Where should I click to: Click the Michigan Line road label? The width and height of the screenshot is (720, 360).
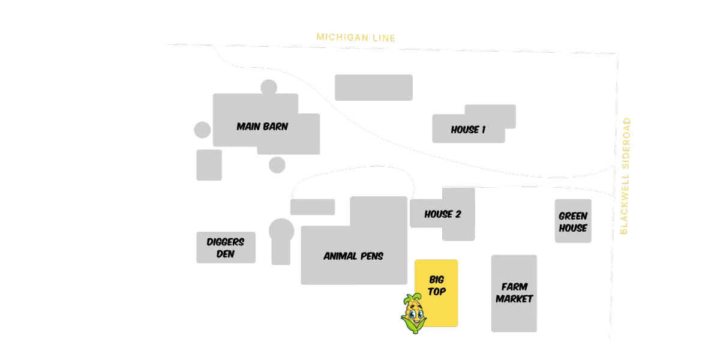[x=356, y=38]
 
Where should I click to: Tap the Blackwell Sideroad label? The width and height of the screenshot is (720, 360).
[x=625, y=176]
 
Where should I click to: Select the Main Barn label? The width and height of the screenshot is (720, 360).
[x=262, y=127]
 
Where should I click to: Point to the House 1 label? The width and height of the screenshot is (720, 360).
[x=468, y=130]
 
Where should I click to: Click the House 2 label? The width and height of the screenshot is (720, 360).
[x=443, y=214]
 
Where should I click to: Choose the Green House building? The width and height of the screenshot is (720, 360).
[x=573, y=221]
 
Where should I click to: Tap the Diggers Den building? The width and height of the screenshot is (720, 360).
[x=226, y=247]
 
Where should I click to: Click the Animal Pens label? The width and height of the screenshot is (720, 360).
[x=353, y=256]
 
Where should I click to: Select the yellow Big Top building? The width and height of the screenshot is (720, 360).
[x=437, y=293]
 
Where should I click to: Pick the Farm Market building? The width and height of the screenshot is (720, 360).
[x=514, y=293]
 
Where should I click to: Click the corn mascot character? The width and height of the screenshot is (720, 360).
[x=413, y=313]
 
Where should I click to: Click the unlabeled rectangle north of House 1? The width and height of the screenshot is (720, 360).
[x=374, y=88]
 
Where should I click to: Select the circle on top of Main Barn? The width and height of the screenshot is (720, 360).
[x=269, y=87]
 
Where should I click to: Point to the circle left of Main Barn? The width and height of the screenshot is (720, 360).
[x=203, y=130]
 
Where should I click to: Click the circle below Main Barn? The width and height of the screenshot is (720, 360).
[x=277, y=165]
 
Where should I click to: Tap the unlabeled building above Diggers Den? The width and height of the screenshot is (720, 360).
[x=209, y=165]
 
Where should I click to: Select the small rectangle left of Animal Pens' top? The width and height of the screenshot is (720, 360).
[x=313, y=207]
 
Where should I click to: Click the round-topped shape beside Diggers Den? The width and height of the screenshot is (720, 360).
[x=281, y=242]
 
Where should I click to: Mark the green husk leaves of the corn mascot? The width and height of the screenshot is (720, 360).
[x=413, y=325]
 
